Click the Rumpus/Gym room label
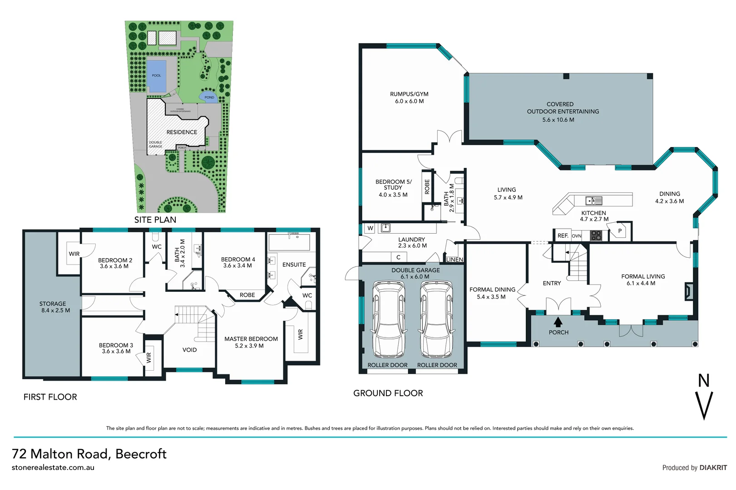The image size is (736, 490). click(409, 94)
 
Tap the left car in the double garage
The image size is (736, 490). click(389, 320)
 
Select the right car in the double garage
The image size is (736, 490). click(437, 320)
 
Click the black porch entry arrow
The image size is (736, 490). click(558, 322)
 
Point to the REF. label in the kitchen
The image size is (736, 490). click(563, 236)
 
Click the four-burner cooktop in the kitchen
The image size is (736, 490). click(596, 235)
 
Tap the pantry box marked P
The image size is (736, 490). click(620, 231)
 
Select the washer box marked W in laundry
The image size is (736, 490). click(370, 228)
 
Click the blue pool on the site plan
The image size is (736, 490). click(156, 76)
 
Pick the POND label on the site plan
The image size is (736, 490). click(209, 97)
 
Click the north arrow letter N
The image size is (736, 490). click(703, 381)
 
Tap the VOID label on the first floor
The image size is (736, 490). click(189, 350)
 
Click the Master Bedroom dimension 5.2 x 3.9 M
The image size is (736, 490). click(249, 346)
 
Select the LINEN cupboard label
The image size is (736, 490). click(454, 260)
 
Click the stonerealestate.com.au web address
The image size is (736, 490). click(53, 467)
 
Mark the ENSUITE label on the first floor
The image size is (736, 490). click(294, 265)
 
